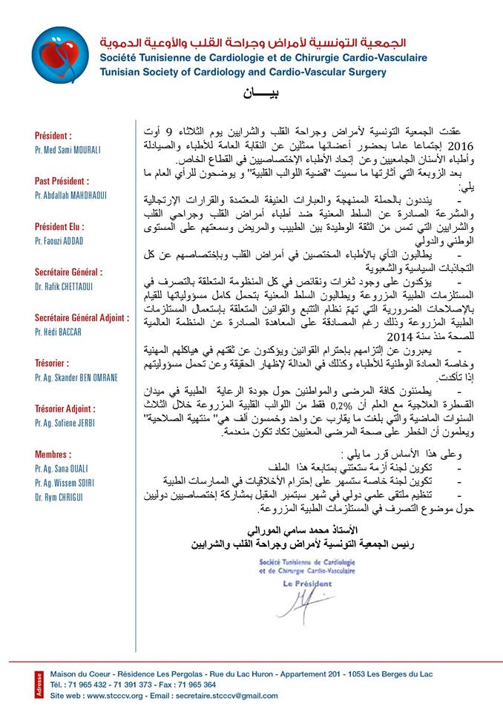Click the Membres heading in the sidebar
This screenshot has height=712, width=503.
tap(53, 455)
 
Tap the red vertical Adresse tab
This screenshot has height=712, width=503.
tap(39, 684)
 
